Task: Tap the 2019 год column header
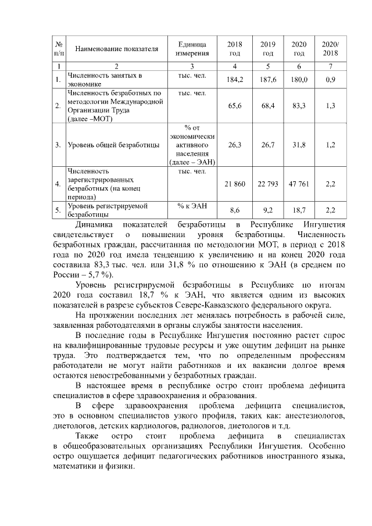point(267,48)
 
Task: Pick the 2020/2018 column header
point(330,48)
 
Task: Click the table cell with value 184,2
point(234,79)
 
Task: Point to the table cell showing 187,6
point(267,79)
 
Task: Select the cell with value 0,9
point(330,79)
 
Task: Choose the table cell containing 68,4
point(267,106)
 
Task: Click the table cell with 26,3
point(234,145)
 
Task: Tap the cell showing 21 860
point(234,184)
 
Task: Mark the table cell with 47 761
point(299,184)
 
